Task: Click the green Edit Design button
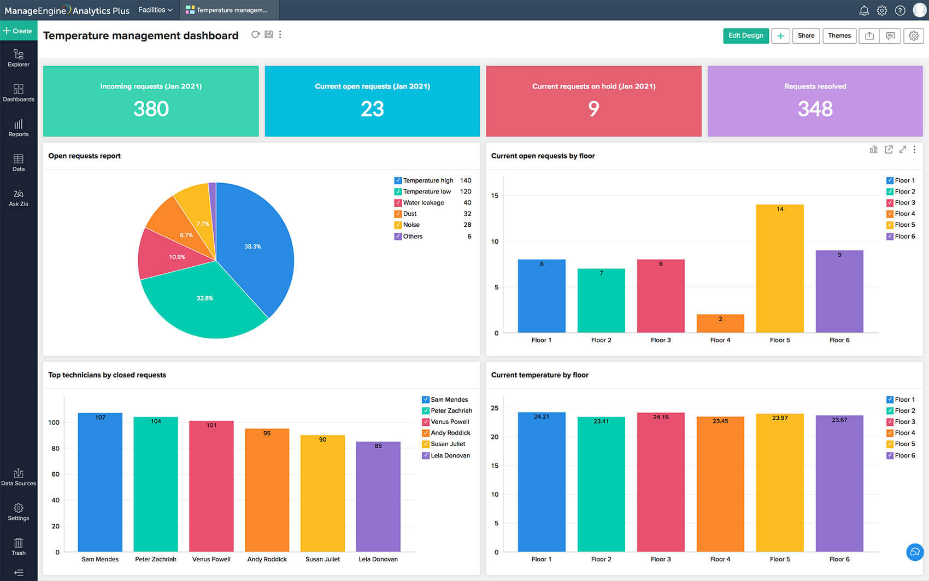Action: pyautogui.click(x=745, y=36)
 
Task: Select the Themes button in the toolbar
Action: pyautogui.click(x=839, y=36)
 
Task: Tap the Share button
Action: pyautogui.click(x=805, y=36)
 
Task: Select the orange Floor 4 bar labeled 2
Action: pyautogui.click(x=720, y=324)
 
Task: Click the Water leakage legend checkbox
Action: pyautogui.click(x=398, y=203)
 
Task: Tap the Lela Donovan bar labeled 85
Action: pyautogui.click(x=378, y=497)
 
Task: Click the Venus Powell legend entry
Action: pyautogui.click(x=450, y=422)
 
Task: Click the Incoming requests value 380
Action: pyautogui.click(x=151, y=109)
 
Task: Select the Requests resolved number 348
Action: pyautogui.click(x=815, y=109)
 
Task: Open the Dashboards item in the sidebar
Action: pyautogui.click(x=19, y=92)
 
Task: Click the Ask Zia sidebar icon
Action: pyautogui.click(x=19, y=197)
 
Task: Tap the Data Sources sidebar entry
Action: pyautogui.click(x=19, y=477)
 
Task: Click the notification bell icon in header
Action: pyautogui.click(x=864, y=10)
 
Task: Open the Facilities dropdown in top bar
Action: pyautogui.click(x=155, y=10)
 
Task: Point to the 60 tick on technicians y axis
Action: pyautogui.click(x=55, y=474)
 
